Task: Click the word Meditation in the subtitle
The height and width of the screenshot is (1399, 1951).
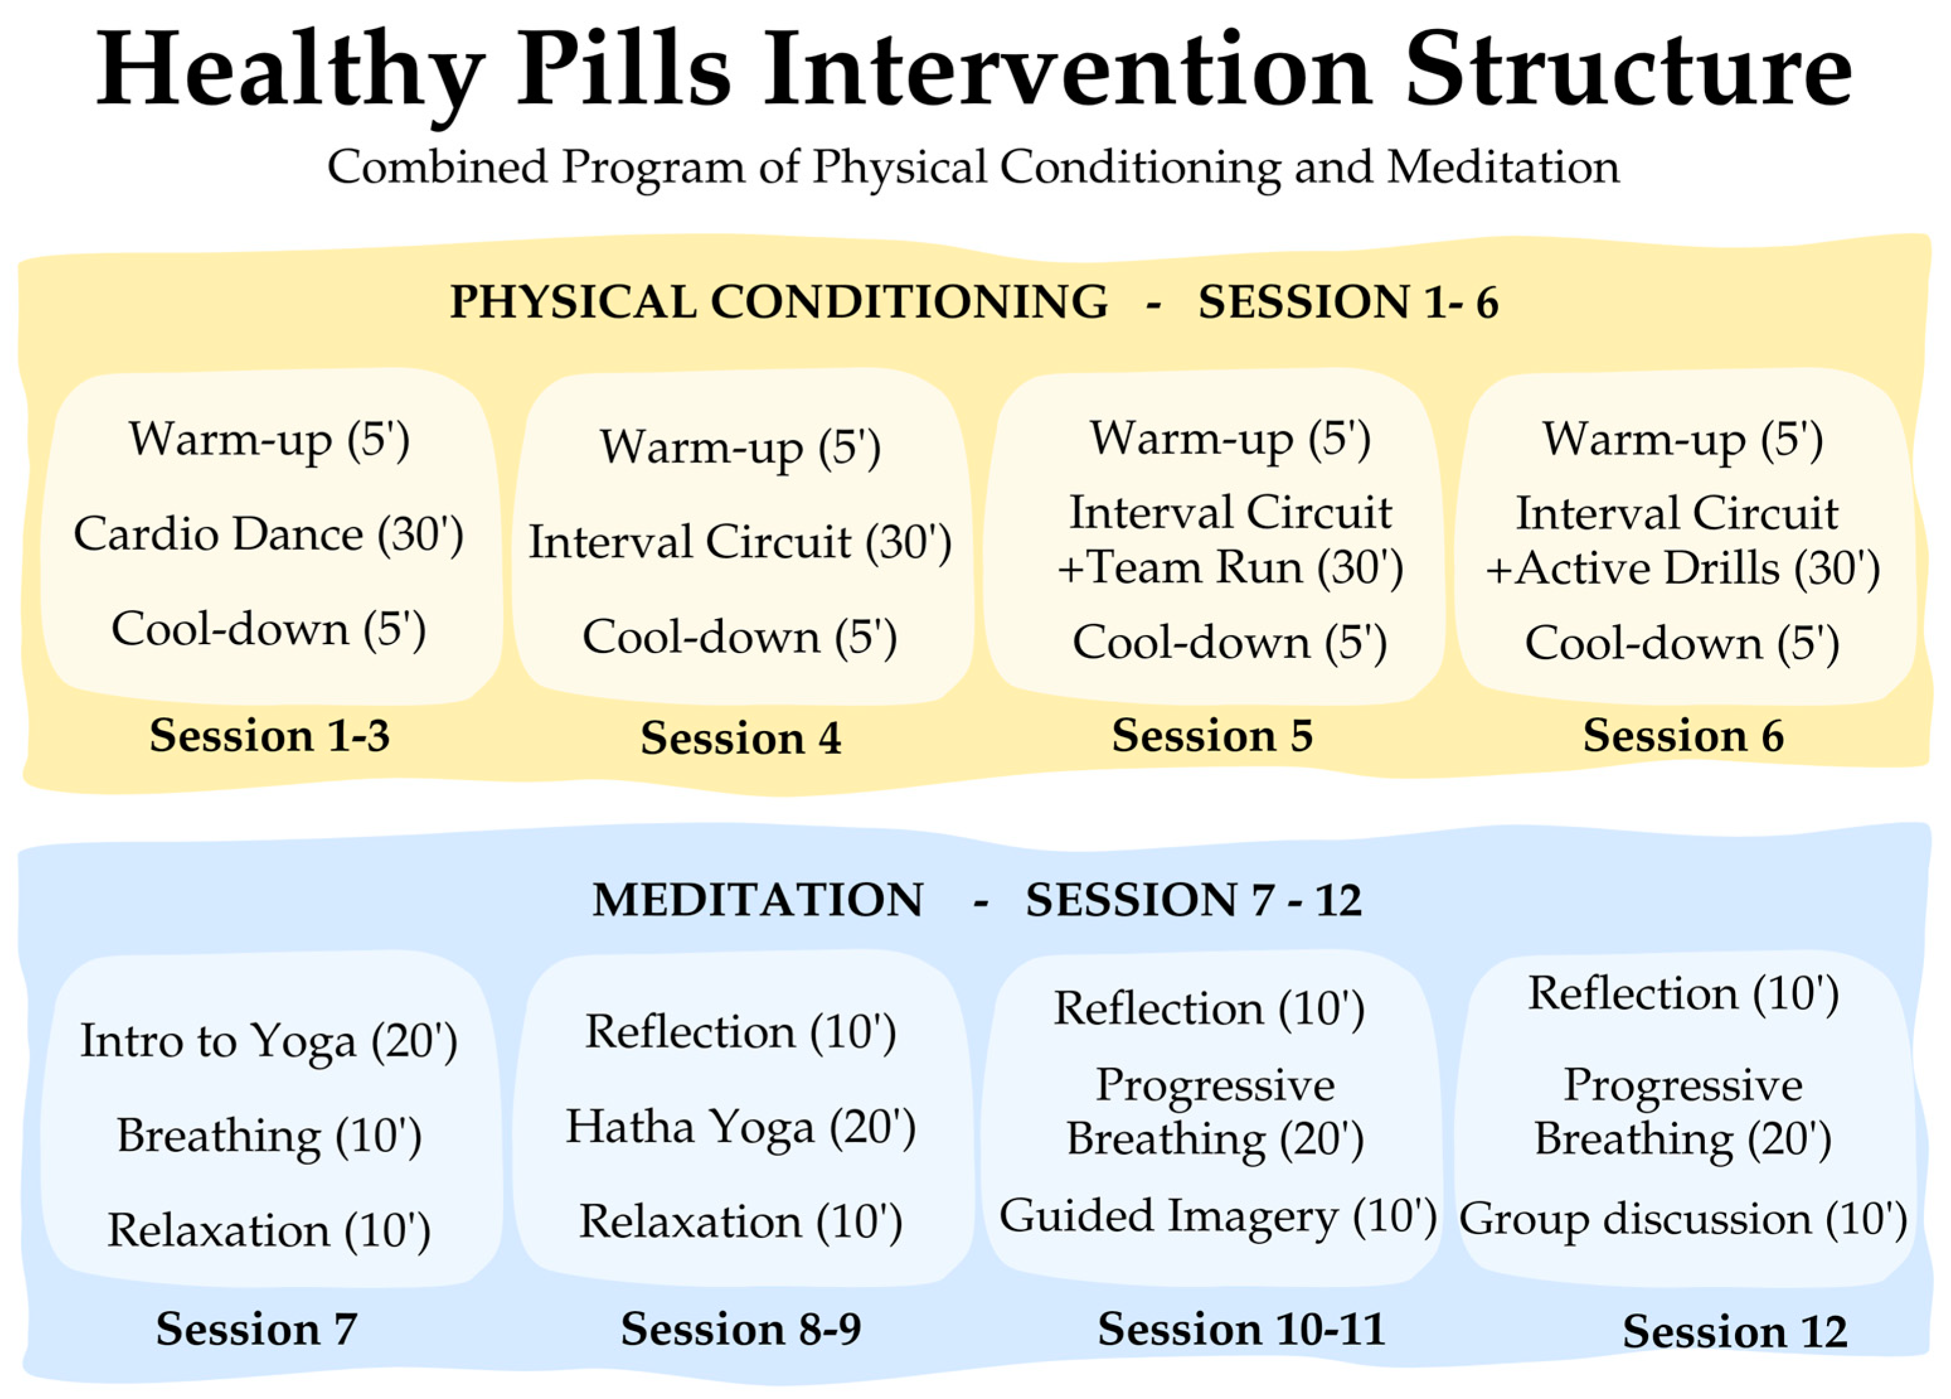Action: pyautogui.click(x=1503, y=167)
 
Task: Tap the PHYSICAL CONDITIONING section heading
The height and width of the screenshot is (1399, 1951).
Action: pyautogui.click(x=779, y=302)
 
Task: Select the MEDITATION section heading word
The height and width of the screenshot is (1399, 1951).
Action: pyautogui.click(x=758, y=901)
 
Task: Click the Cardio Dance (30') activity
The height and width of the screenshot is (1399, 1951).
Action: pyautogui.click(x=268, y=535)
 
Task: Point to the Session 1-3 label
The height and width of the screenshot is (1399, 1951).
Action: pyautogui.click(x=269, y=735)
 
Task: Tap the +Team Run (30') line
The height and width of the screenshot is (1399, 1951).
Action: pyautogui.click(x=1230, y=569)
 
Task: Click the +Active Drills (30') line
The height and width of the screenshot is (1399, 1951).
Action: pyautogui.click(x=1683, y=569)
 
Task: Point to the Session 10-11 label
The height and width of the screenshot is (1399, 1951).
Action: pyautogui.click(x=1241, y=1329)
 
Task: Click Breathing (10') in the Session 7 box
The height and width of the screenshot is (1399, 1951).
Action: pyautogui.click(x=269, y=1136)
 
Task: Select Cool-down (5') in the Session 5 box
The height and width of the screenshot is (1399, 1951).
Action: pyautogui.click(x=1230, y=643)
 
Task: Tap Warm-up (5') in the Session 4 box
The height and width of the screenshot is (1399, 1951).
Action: pyautogui.click(x=740, y=448)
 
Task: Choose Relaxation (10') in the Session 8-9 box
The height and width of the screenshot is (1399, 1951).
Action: pyautogui.click(x=740, y=1221)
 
